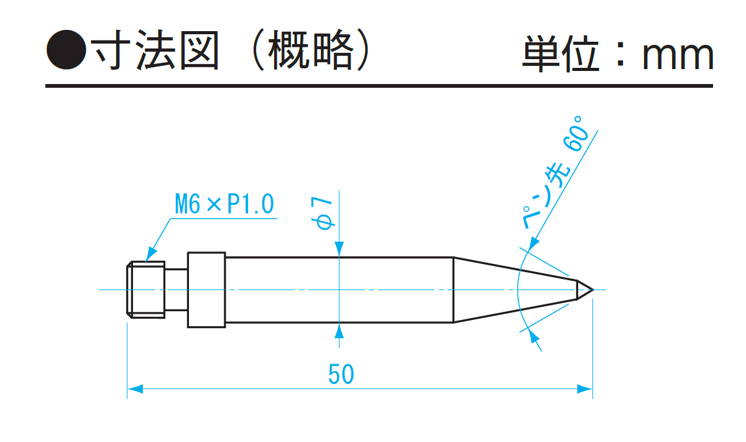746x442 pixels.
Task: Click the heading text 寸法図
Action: coord(155,50)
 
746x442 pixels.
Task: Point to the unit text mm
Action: coord(678,55)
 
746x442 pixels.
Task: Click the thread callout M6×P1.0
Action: coord(224,204)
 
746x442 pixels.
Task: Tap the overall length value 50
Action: coord(341,374)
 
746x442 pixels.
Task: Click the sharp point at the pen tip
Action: coord(592,289)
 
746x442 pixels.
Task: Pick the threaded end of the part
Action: coord(146,289)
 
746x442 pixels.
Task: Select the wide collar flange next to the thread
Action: coord(206,289)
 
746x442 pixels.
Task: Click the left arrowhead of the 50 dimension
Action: coord(134,388)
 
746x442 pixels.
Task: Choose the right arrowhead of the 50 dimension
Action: coord(585,388)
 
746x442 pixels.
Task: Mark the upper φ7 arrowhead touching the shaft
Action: coord(339,250)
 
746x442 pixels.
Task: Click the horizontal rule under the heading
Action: coord(379,85)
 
